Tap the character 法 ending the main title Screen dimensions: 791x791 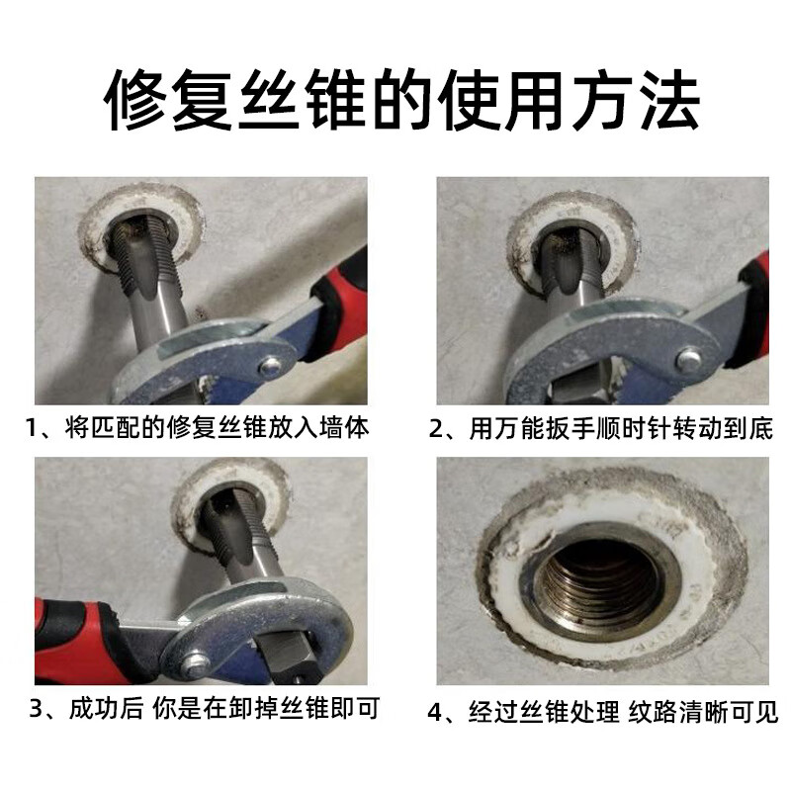click(669, 100)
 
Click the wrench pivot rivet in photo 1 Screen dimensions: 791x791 click(271, 365)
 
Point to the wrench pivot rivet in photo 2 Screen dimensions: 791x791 click(687, 359)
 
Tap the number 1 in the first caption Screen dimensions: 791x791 click(32, 429)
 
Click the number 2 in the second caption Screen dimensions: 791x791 click(435, 429)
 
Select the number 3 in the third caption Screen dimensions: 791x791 click(37, 709)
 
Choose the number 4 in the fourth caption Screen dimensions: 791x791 click(435, 712)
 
